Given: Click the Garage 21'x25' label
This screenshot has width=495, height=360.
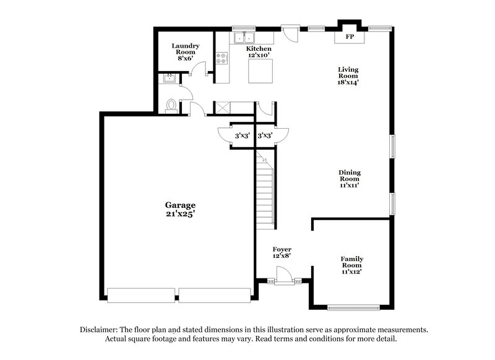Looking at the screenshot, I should point(180,209).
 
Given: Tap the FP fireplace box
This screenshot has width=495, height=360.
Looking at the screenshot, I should point(350,37).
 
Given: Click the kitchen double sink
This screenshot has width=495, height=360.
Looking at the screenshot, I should point(243,36).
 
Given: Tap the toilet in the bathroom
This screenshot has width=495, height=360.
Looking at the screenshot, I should point(171,106).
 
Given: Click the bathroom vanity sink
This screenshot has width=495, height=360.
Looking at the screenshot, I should point(169,79).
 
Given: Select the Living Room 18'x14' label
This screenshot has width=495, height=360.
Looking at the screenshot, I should point(348,75).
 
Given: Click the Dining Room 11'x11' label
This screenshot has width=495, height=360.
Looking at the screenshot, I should point(349,178).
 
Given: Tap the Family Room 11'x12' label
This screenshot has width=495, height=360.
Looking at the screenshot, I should point(351,264).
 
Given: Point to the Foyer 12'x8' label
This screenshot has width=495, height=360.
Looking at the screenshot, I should point(282,253).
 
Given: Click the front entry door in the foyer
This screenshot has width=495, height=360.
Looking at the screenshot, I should point(282,275).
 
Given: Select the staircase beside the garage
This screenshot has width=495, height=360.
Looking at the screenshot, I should point(264,192).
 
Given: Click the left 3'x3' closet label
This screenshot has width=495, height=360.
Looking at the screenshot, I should point(242,135).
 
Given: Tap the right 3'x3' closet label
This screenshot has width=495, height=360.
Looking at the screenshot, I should point(265,135).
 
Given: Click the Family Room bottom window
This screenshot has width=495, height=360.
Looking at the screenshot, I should point(353,307).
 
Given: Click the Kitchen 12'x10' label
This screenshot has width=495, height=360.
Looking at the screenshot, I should point(258,52).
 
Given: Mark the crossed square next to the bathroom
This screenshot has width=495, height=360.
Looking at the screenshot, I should point(223,108).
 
